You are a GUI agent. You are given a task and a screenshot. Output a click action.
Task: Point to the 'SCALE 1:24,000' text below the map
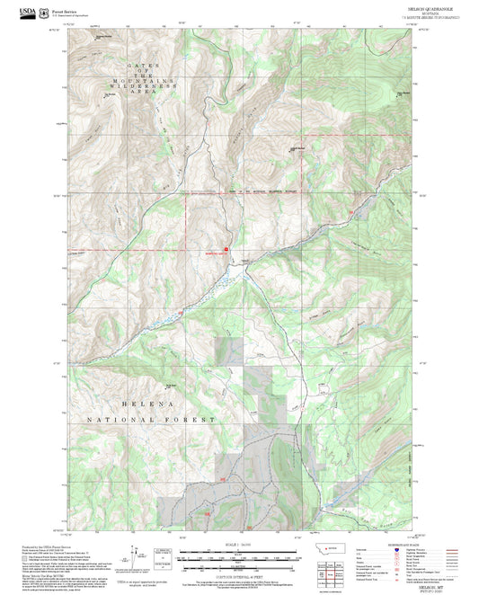pyautogui.click(x=238, y=544)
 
